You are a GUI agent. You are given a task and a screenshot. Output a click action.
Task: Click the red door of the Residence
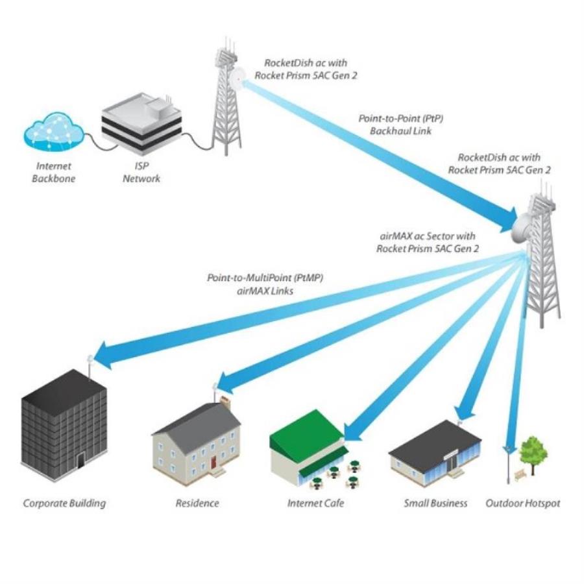click(213, 461)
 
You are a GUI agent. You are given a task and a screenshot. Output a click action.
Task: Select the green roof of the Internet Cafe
click(305, 432)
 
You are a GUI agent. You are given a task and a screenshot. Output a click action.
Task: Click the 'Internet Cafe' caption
click(316, 503)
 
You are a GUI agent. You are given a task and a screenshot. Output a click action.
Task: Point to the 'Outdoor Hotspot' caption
click(522, 503)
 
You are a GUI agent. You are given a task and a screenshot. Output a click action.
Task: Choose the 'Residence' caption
click(197, 503)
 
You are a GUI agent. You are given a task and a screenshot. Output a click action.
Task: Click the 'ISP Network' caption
click(141, 173)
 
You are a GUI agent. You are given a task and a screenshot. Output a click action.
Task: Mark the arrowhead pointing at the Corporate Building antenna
click(104, 358)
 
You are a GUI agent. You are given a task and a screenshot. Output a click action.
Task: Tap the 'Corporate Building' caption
click(64, 503)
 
